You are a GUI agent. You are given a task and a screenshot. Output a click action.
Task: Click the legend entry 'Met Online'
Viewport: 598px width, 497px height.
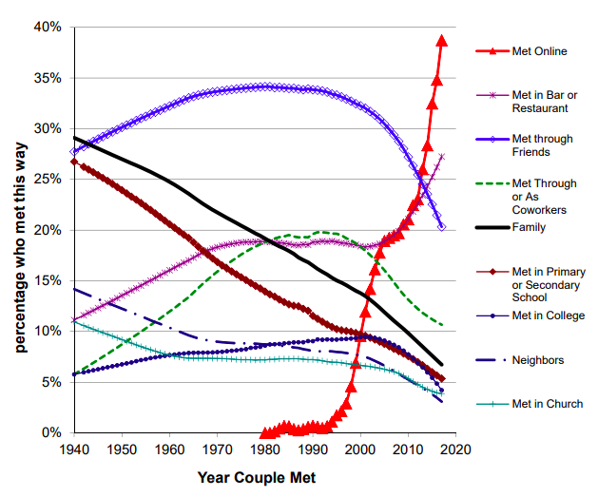539,50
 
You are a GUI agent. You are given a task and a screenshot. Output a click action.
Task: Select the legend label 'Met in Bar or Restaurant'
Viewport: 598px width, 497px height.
546,101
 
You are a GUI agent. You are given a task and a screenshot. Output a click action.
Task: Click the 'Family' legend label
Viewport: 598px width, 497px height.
529,227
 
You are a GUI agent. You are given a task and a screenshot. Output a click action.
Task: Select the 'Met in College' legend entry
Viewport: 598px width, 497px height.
548,315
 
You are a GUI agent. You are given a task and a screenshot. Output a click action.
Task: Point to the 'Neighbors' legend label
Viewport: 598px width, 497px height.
537,360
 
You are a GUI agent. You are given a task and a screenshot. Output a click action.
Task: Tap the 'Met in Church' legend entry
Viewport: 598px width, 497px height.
547,404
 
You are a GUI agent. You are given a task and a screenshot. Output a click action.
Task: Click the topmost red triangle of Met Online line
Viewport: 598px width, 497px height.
441,40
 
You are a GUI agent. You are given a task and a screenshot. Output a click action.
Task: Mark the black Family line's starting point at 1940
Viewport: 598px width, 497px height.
73,138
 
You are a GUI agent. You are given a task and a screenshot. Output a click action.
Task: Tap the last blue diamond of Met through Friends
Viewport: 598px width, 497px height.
441,227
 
